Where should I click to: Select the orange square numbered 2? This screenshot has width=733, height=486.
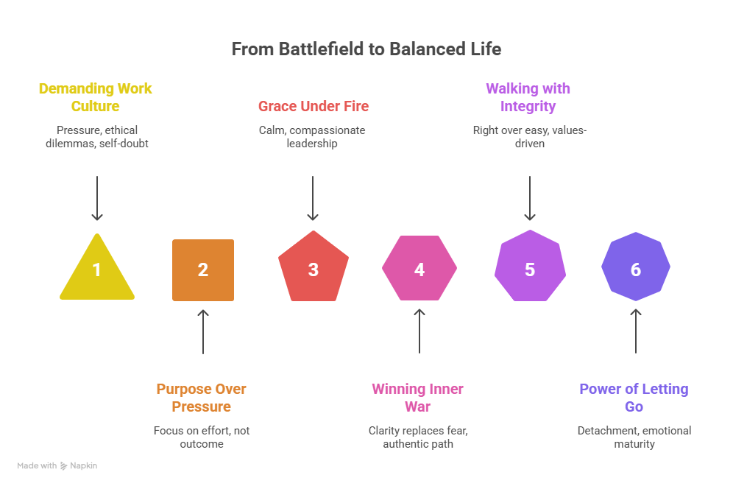coord(203,270)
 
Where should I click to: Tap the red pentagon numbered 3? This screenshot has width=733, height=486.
coord(313,269)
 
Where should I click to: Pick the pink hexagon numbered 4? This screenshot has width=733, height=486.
coord(419,269)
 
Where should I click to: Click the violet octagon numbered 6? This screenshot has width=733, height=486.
coord(636,268)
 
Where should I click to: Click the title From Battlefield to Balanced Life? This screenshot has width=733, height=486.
coord(366,49)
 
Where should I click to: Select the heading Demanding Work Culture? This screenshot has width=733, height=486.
coord(96,97)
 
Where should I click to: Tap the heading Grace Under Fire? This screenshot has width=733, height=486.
coord(314,106)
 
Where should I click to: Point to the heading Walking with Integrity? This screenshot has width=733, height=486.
coord(528,97)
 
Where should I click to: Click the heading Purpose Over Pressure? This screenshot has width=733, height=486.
coord(202,398)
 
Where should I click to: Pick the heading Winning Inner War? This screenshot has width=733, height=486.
coord(418,398)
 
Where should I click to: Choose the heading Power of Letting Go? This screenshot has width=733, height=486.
coord(634,398)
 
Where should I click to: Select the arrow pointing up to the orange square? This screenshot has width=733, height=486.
coord(203,331)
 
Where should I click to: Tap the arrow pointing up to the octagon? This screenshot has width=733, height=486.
coord(636,331)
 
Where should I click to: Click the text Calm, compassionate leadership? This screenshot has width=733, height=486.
coord(313,137)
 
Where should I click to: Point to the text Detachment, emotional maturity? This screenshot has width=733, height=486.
coord(634,437)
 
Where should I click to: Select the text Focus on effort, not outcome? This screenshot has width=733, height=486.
coord(202,437)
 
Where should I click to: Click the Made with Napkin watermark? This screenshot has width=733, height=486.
coord(57,465)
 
